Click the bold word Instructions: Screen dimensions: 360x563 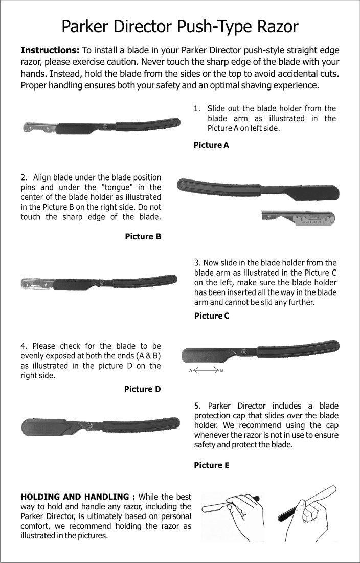click(x=50, y=50)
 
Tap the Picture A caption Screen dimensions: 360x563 click(x=211, y=145)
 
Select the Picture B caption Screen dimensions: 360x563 click(x=143, y=236)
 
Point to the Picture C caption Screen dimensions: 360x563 click(x=212, y=316)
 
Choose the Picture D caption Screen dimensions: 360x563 click(x=143, y=389)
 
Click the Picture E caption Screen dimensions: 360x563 click(x=211, y=465)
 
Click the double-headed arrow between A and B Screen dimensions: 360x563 click(x=206, y=370)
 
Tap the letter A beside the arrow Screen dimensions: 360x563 click(x=191, y=370)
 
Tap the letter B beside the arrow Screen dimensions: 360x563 click(x=221, y=370)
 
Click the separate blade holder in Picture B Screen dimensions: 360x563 click(x=298, y=218)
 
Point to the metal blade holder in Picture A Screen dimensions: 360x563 click(x=40, y=127)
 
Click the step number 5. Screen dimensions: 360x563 click(x=197, y=406)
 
